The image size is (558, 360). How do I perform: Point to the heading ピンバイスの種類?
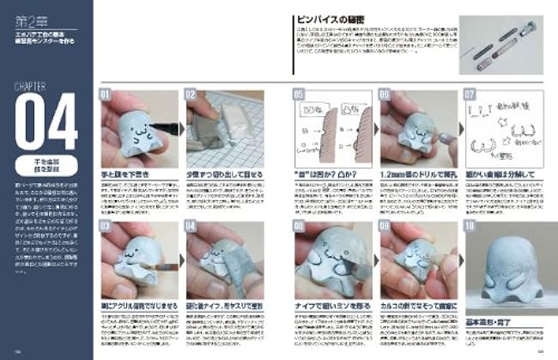pos(331,18)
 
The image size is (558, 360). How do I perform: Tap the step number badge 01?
pos(106,93)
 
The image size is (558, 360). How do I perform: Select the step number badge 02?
pos(191,93)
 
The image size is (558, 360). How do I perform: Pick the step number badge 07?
pos(469,93)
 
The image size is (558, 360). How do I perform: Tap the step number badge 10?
pos(469,226)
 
